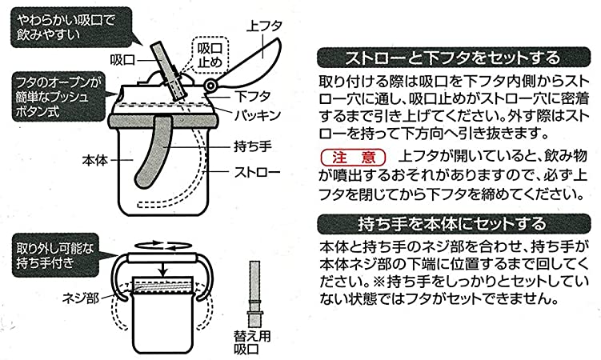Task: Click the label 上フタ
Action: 265,26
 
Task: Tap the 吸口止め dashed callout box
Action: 210,55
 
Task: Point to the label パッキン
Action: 258,115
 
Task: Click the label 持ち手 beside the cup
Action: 253,146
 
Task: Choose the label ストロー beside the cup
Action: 258,172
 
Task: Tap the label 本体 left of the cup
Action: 95,160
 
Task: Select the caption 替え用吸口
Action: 252,342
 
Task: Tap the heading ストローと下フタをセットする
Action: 454,58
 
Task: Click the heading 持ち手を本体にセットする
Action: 454,224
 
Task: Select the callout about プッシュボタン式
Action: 58,97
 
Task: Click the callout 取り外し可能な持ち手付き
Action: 56,255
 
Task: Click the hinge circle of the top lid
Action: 210,86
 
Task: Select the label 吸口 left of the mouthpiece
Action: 122,60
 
